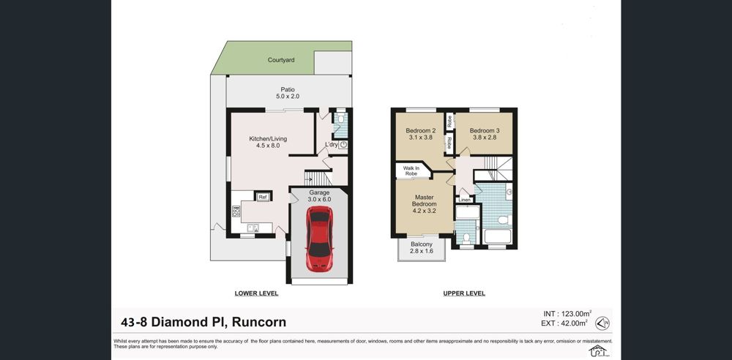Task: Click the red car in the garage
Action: (x=319, y=239)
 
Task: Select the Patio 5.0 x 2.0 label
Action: (x=287, y=93)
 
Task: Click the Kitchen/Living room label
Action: (x=267, y=142)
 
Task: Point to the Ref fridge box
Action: (x=263, y=197)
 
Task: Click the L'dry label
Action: (x=331, y=145)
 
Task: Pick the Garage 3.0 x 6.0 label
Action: (x=320, y=195)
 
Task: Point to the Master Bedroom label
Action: (x=425, y=203)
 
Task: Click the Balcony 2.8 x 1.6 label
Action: (x=422, y=247)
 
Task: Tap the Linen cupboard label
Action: (x=465, y=200)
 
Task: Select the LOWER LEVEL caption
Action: (x=256, y=293)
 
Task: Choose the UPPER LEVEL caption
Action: (x=464, y=293)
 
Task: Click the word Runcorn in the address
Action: (x=259, y=322)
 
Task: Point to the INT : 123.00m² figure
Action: (x=568, y=314)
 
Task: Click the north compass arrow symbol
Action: (x=602, y=323)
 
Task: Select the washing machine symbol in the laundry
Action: (x=343, y=145)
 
